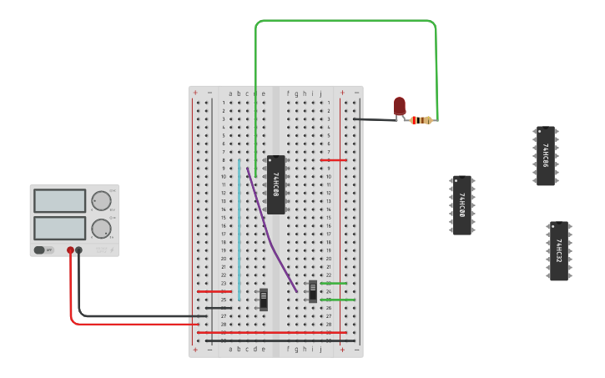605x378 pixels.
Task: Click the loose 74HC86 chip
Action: click(x=545, y=155)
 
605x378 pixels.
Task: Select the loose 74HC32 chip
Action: click(x=559, y=250)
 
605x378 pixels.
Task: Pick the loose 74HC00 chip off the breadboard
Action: click(x=461, y=204)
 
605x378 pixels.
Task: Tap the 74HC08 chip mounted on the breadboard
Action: click(x=275, y=184)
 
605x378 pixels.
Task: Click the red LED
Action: click(x=400, y=106)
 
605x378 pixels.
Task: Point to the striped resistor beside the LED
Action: click(x=422, y=120)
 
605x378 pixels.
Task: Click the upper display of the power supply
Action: click(x=59, y=200)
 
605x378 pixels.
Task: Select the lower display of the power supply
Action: click(x=59, y=228)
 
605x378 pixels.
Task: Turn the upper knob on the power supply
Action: click(x=101, y=200)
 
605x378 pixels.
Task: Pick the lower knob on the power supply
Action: click(x=101, y=229)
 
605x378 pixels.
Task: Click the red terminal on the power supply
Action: click(x=69, y=249)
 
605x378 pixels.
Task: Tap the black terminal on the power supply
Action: click(x=79, y=249)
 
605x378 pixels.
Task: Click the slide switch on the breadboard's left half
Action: click(x=264, y=300)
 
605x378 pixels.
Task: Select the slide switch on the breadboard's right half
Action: click(x=313, y=291)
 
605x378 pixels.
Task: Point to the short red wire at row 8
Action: click(x=334, y=159)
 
